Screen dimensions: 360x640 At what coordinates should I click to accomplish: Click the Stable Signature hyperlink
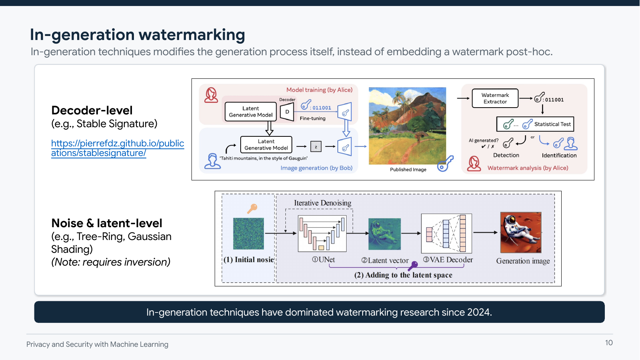coord(117,148)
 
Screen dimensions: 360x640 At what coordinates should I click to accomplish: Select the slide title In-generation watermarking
coord(137,35)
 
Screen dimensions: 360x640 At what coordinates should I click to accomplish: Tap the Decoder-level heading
coord(92,110)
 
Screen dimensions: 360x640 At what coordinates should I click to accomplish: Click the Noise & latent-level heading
coord(107,223)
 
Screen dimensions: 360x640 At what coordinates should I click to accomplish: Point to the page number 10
coord(608,343)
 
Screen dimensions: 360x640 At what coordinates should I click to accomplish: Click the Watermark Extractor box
coord(495,98)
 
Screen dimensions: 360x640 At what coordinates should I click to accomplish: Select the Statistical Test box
coord(535,124)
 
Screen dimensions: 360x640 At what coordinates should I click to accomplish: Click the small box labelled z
coord(316,147)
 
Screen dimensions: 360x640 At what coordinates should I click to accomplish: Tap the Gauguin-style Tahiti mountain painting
coord(407,126)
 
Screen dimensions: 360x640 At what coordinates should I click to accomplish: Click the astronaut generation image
coord(520,232)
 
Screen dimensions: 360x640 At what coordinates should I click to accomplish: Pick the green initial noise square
coord(248,234)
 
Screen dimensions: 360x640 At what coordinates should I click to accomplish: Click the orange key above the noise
coord(252,208)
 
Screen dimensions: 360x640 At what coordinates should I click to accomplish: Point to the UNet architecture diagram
coord(322,233)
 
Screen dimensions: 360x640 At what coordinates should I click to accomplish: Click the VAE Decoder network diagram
coord(446,233)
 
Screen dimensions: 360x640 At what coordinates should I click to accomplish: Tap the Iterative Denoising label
coord(323,203)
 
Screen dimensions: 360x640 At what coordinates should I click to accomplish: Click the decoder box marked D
coord(287,112)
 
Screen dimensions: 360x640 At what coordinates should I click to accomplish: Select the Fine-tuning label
coord(313,118)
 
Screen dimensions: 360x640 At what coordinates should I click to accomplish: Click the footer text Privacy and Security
coord(97,344)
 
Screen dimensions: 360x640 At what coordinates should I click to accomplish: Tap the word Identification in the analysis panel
coord(559,156)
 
